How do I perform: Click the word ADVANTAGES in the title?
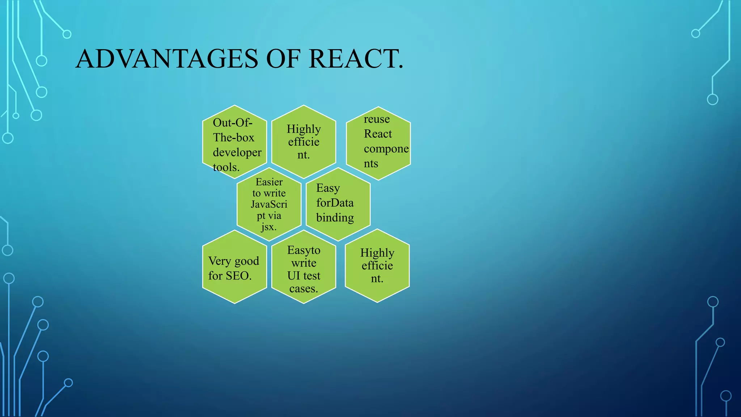pos(167,59)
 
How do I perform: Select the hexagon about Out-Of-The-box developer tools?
pos(234,142)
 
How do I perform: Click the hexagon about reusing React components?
pos(378,143)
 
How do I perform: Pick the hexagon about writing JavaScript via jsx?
pos(269,205)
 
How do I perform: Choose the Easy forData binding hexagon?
pos(338,205)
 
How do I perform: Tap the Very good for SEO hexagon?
pos(234,267)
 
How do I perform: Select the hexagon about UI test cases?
pos(304,267)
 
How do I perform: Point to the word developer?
pos(237,152)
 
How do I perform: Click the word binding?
pos(335,218)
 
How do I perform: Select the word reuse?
pos(377,119)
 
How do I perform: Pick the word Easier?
pos(269,182)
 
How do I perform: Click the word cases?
pos(303,289)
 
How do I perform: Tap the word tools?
pos(226,167)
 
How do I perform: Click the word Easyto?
pos(304,250)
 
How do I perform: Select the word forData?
pos(335,203)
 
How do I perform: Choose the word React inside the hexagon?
pos(378,134)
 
